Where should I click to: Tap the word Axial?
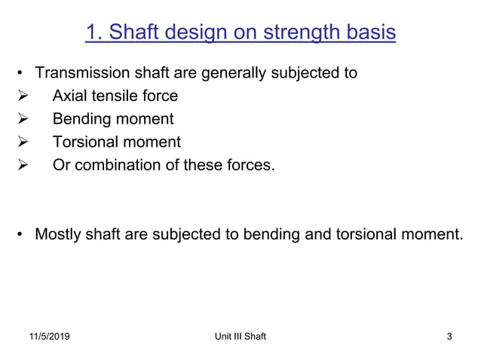[x=70, y=96]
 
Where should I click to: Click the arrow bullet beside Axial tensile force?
[x=22, y=96]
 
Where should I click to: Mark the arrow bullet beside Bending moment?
[x=22, y=119]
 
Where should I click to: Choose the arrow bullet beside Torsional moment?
[x=22, y=142]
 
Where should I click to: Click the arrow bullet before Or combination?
[x=22, y=164]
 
